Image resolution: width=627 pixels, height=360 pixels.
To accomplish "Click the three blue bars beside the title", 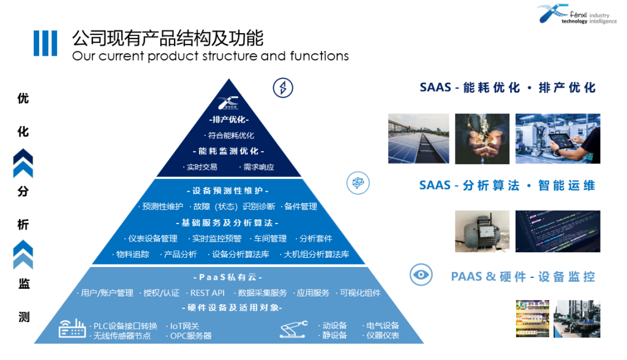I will (x=45, y=43).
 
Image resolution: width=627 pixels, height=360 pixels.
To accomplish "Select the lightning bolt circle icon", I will (x=282, y=88).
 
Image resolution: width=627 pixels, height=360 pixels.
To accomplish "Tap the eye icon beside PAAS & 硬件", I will (x=420, y=274).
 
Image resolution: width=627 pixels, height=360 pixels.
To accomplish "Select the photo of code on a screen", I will (x=557, y=231).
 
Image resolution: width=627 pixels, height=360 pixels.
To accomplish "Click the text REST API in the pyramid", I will (x=208, y=293).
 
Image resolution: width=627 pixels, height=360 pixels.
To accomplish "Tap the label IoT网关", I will (x=183, y=326).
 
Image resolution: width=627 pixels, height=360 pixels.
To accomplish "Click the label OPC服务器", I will (x=191, y=336).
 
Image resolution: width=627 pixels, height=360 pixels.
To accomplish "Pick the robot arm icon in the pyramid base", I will (x=294, y=329).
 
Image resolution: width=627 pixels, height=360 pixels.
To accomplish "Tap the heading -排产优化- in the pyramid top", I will (x=230, y=119).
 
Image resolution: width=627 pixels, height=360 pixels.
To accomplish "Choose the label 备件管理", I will (x=301, y=206).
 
